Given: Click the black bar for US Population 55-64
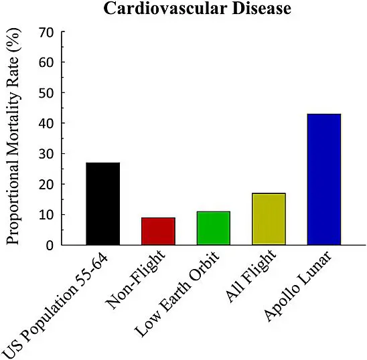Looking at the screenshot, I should coord(102,203).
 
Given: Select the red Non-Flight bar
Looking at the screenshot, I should coord(158,231).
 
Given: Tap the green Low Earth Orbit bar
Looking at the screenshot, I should coord(213,228).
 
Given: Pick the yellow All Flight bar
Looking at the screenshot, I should coord(269,219).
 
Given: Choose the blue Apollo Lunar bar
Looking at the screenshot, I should coord(323,179).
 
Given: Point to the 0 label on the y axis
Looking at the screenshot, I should coord(48,246).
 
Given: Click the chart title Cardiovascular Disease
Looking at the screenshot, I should coord(184,9).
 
